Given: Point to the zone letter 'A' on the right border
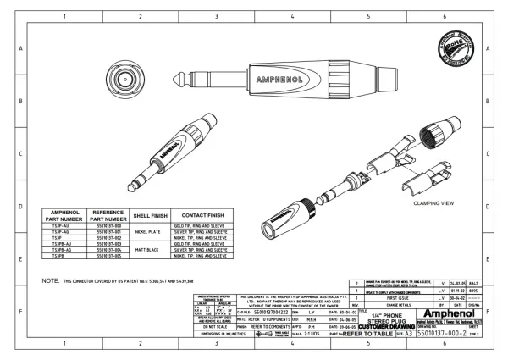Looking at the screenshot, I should point(490,49).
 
